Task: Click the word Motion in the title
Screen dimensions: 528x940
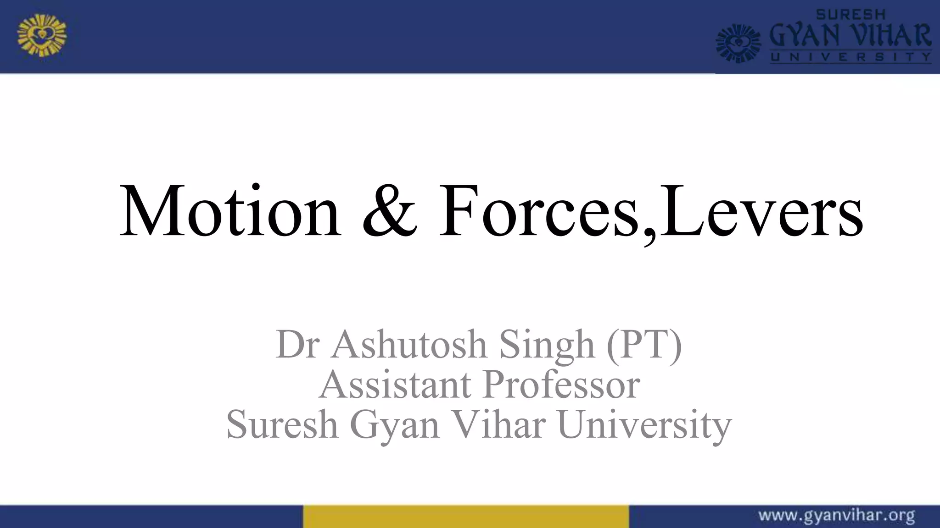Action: point(229,212)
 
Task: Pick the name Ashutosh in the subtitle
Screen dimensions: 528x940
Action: point(408,344)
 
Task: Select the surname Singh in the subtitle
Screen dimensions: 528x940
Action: point(547,345)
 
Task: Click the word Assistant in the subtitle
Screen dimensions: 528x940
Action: point(395,385)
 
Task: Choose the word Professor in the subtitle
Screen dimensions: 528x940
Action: point(561,385)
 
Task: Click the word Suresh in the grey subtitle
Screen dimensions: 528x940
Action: point(282,424)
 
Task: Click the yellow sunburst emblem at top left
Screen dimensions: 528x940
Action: point(42,35)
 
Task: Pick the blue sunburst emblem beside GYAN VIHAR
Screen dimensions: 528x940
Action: point(739,44)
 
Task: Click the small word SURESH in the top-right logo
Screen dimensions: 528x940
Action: point(850,15)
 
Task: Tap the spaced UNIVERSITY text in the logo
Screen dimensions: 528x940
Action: point(850,57)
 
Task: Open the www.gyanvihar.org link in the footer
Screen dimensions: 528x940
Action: point(836,516)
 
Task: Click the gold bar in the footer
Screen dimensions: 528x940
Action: point(465,517)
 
